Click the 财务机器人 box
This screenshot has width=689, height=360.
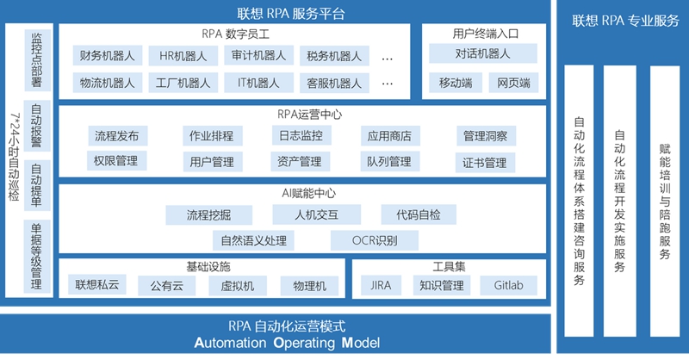(x=107, y=56)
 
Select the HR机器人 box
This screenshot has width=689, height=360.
(x=183, y=56)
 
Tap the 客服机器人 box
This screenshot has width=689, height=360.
(x=334, y=83)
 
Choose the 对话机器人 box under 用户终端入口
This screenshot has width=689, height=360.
(x=482, y=53)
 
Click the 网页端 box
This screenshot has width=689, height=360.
(x=513, y=83)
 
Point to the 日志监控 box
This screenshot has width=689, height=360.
(x=301, y=135)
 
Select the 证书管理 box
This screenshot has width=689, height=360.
(x=485, y=163)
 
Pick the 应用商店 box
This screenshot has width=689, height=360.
(x=390, y=136)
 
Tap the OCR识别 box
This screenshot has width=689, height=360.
(x=375, y=240)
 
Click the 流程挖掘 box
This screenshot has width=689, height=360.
(x=208, y=215)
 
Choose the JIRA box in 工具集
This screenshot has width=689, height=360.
(x=381, y=285)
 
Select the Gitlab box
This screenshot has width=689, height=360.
(x=508, y=285)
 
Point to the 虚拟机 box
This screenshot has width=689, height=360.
(x=238, y=286)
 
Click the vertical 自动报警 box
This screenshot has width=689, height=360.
(x=36, y=126)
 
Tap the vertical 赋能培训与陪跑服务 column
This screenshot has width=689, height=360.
(x=665, y=201)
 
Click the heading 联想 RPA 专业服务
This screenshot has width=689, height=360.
(x=626, y=21)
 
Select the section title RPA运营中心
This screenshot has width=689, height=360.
(x=309, y=115)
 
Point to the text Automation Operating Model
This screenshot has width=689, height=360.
(x=287, y=343)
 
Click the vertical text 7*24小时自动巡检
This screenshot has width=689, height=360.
(x=15, y=157)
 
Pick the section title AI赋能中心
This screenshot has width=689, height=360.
(x=308, y=193)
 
